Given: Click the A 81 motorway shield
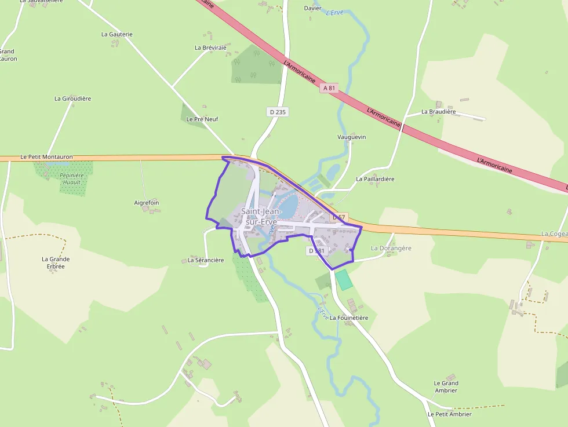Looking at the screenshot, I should click(329, 88).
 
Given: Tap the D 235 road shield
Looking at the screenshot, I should click(278, 112).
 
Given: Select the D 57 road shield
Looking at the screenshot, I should click(340, 217).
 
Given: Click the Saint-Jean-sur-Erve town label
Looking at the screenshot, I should click(260, 216).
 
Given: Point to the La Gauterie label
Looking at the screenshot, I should click(116, 34).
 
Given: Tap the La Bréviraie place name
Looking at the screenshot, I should click(210, 48).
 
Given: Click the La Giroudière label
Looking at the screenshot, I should click(72, 98).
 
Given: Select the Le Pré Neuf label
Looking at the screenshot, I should click(202, 119).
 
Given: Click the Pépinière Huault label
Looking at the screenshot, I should click(71, 178).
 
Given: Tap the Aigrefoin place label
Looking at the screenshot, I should click(147, 203).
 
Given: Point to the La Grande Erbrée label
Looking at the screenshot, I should click(56, 262).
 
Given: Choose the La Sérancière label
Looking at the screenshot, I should click(206, 260).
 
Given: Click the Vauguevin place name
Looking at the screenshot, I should click(352, 137).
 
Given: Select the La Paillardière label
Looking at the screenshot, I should click(376, 179).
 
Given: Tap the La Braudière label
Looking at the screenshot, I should click(439, 111).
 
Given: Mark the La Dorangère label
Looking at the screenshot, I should click(391, 248).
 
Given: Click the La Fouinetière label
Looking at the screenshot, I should click(349, 317).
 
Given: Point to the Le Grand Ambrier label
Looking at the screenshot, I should click(446, 386).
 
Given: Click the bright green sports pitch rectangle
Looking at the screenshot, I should click(344, 279).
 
